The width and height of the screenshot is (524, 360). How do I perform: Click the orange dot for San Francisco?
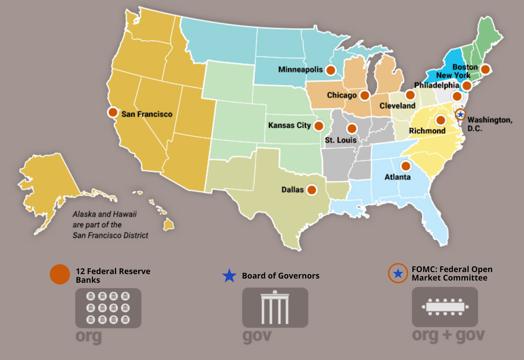113,112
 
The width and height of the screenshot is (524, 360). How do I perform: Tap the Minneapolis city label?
300,70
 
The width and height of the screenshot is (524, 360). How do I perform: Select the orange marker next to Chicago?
364,95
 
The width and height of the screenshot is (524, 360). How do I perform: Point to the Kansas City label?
289,126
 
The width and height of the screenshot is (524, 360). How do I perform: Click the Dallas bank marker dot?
311,190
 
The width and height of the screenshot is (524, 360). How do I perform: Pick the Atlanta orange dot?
406,166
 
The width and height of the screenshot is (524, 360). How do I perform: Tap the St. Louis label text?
341,140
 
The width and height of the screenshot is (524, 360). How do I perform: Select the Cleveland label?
397,106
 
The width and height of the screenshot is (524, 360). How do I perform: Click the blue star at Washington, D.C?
460,115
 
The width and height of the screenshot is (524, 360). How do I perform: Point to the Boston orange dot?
485,69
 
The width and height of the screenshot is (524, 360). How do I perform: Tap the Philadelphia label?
437,85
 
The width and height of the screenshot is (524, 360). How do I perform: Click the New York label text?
453,76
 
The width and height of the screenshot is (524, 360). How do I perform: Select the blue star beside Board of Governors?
229,276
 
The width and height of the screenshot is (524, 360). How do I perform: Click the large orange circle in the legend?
60,275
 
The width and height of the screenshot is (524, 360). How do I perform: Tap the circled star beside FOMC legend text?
398,274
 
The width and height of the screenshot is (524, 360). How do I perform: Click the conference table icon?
444,307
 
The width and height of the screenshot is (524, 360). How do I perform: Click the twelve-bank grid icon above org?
108,308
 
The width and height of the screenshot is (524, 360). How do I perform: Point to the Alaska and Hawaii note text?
111,225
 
